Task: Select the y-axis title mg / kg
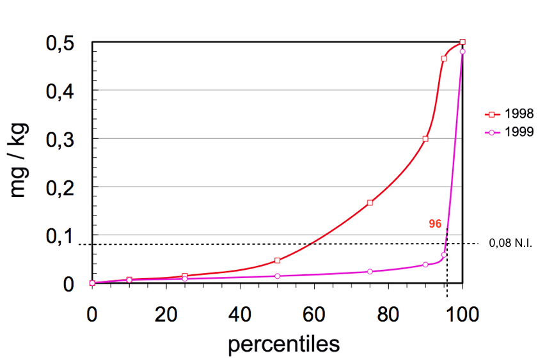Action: click(19, 162)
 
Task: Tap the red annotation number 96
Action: click(435, 224)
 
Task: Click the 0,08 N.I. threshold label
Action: click(510, 244)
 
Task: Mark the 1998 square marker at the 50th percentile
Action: click(277, 260)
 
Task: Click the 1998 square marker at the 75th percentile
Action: click(370, 203)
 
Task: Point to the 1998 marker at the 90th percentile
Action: click(425, 139)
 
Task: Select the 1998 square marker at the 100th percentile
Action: click(462, 42)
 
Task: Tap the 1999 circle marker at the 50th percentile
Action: click(277, 276)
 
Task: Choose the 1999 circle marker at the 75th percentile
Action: click(370, 271)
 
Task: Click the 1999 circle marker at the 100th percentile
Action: click(462, 52)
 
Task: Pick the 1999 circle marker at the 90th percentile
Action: click(425, 264)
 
